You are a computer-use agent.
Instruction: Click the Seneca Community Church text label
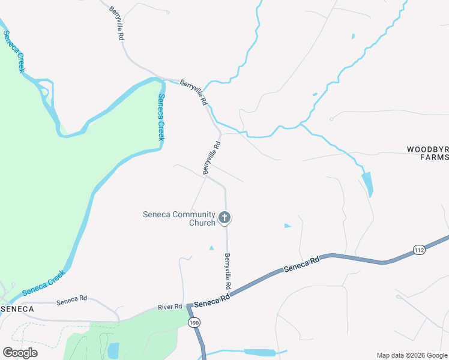(179, 218)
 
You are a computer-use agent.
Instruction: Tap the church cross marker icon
(224, 217)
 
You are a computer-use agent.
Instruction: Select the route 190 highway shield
(194, 322)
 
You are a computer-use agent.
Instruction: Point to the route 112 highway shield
(419, 250)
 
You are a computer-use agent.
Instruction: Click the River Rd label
(170, 307)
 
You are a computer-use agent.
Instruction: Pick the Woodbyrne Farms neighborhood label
(427, 153)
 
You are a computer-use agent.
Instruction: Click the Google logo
(20, 352)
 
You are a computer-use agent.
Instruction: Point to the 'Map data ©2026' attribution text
(412, 355)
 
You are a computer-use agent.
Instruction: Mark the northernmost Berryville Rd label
(116, 23)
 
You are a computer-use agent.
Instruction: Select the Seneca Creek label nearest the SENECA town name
(43, 284)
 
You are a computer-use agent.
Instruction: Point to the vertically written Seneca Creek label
(161, 117)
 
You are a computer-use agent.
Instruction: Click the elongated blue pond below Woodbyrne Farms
(367, 184)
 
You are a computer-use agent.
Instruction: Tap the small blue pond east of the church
(288, 226)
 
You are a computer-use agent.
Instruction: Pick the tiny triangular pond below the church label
(211, 248)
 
